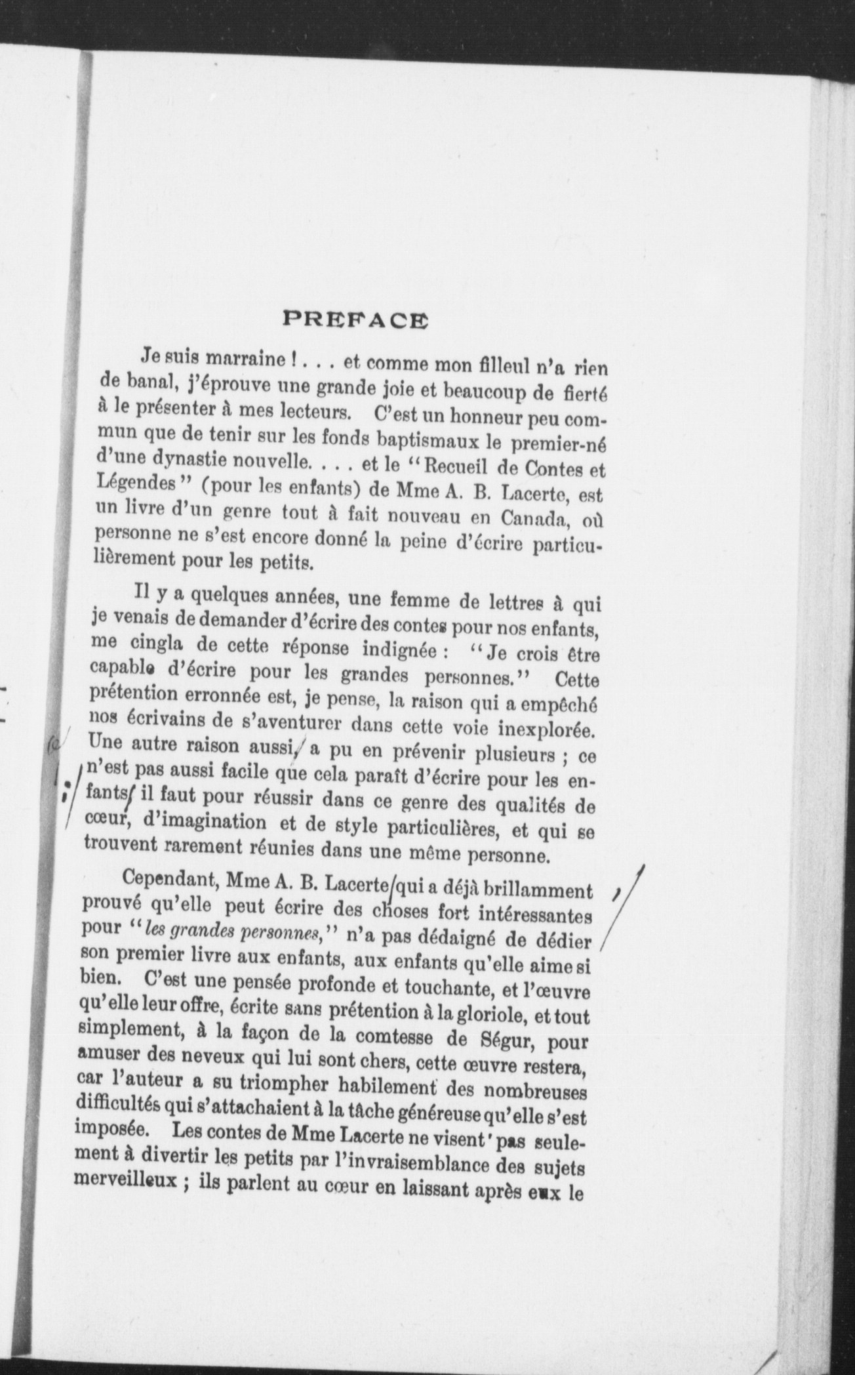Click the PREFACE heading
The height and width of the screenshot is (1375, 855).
[x=355, y=319]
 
